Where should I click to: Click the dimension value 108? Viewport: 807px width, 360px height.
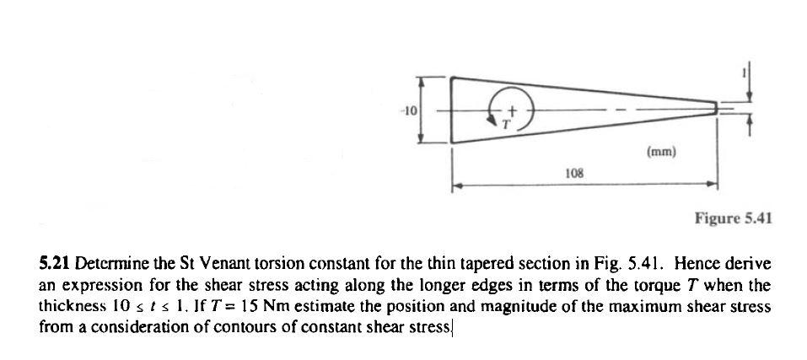[574, 173]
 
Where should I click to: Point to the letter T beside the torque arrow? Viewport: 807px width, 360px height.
[507, 124]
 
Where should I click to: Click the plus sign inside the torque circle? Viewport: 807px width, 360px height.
[510, 110]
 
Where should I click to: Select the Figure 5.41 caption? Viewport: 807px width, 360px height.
[733, 219]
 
